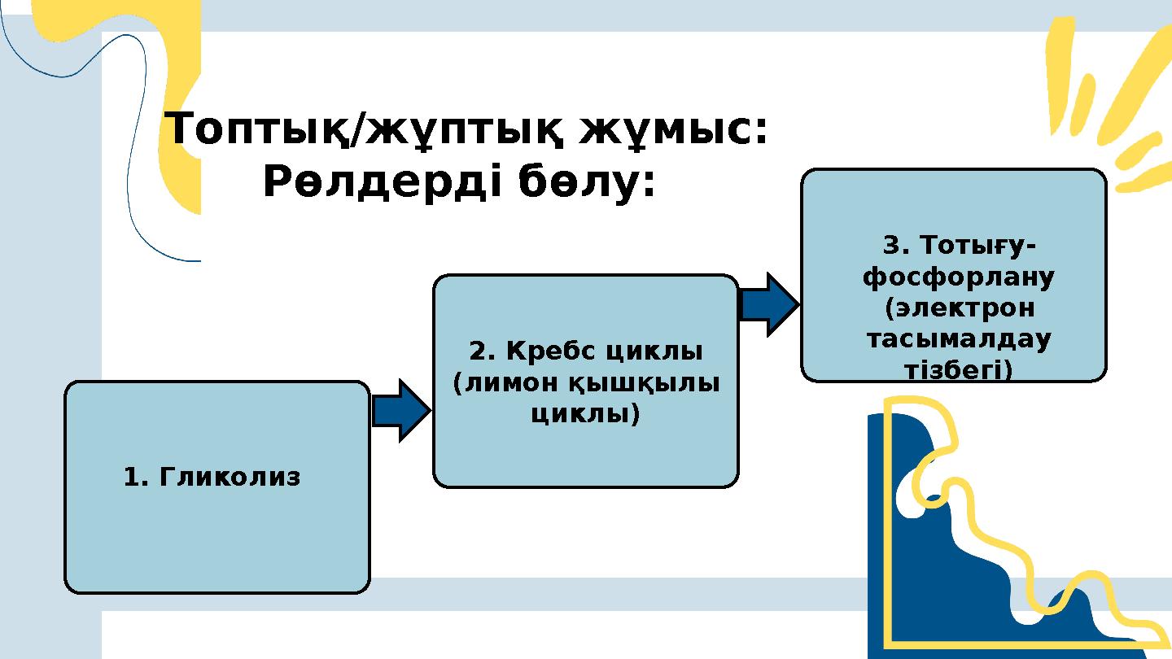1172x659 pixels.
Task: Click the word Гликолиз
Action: [x=230, y=477]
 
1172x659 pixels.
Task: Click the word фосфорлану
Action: [x=958, y=277]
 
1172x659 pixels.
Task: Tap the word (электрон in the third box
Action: [x=959, y=308]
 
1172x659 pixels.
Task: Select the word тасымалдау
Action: [x=958, y=339]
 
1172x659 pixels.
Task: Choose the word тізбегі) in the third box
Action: [x=958, y=370]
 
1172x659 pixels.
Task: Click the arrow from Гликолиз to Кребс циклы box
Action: [x=400, y=411]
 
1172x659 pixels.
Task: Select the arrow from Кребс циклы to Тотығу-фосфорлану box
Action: [x=768, y=304]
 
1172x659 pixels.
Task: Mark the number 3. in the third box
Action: [x=894, y=245]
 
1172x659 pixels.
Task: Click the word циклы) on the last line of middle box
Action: [x=585, y=414]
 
